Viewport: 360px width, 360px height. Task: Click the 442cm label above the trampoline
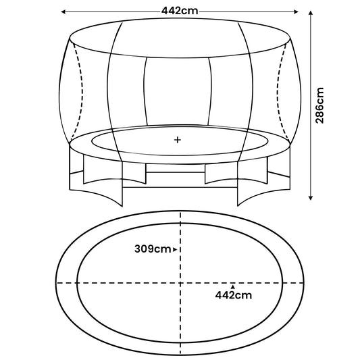tap(180, 11)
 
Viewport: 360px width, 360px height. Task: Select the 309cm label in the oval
tap(153, 249)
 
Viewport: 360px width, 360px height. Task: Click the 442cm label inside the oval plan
tap(233, 294)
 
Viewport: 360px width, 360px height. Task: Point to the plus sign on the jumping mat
tap(178, 140)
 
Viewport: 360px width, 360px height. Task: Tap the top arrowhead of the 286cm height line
tap(311, 14)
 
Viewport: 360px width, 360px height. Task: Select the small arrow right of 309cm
tap(175, 250)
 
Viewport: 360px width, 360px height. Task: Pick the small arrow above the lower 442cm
tap(233, 286)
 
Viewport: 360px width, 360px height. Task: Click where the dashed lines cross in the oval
tap(180, 281)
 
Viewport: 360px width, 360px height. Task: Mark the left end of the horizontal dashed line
tap(57, 281)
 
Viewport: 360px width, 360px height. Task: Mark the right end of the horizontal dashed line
tap(304, 281)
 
